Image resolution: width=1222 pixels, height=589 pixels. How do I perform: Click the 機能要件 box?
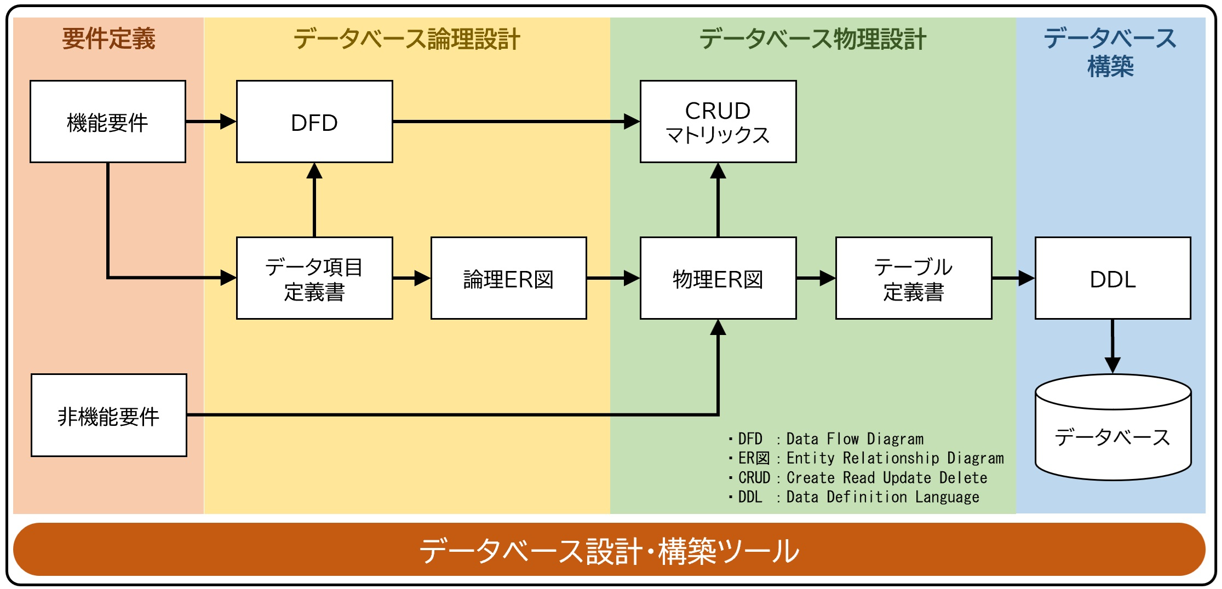click(108, 122)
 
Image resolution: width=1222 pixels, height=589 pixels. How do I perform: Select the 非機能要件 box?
click(108, 415)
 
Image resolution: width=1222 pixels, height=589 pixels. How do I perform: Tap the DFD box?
click(314, 122)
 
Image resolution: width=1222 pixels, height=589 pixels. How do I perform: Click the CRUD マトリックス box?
click(718, 122)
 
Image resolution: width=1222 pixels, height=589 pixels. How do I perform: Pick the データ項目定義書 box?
click(314, 278)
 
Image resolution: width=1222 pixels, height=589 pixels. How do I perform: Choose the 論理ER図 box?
click(508, 278)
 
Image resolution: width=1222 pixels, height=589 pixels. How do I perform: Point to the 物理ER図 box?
click(718, 278)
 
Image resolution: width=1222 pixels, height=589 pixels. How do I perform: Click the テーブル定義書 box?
click(913, 278)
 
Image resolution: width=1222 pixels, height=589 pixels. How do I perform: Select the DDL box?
click(1112, 278)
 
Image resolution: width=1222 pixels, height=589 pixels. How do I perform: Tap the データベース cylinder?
click(1112, 432)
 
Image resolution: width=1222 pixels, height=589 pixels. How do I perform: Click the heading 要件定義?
click(108, 39)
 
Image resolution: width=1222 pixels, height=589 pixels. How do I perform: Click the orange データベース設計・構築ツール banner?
click(609, 550)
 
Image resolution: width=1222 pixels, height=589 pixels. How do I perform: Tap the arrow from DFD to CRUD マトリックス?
click(515, 122)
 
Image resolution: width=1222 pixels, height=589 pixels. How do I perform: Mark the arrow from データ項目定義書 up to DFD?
click(314, 200)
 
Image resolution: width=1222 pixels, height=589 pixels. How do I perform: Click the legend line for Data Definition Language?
click(854, 497)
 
